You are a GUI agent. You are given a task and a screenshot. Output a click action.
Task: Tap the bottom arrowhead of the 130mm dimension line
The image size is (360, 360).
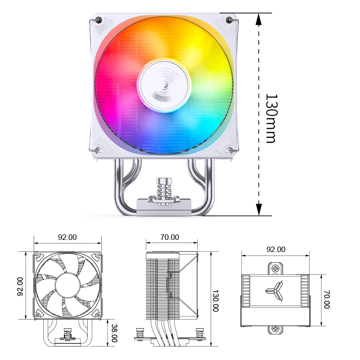click(x=259, y=209)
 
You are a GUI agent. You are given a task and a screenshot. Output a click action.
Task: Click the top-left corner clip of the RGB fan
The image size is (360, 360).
click(x=99, y=20)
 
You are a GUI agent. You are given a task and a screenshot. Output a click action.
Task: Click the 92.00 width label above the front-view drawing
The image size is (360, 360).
click(x=67, y=237)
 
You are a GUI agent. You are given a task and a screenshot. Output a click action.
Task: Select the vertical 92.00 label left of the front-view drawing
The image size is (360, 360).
click(x=20, y=286)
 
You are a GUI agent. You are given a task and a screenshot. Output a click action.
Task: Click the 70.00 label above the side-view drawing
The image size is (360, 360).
click(x=170, y=237)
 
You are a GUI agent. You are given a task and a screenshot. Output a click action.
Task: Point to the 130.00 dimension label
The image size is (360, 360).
click(x=215, y=301)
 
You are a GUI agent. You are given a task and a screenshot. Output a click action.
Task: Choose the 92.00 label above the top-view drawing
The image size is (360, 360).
click(x=276, y=249)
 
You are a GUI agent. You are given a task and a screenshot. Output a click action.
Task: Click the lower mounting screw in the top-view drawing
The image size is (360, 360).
click(x=275, y=329)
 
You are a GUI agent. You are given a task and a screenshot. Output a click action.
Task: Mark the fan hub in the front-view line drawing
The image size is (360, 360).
click(x=67, y=285)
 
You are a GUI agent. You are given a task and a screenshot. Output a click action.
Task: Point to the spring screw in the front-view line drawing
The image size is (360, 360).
click(x=68, y=335)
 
